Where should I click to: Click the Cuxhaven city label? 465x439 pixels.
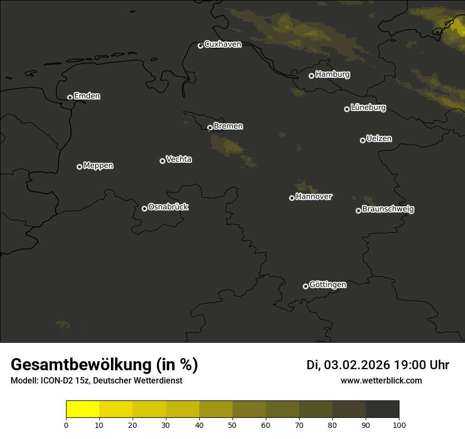222,44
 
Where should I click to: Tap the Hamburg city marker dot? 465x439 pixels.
311,76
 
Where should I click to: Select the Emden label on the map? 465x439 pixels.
87,96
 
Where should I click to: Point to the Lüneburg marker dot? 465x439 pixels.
347,109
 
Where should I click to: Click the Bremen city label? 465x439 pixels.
228,126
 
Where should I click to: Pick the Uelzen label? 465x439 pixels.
379,139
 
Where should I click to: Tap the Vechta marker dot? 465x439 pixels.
162,161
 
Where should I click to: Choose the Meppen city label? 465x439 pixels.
98,166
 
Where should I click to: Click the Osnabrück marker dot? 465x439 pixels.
144,208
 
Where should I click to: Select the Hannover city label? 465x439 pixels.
314,197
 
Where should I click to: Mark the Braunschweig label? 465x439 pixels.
388,209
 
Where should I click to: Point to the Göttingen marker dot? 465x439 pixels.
305,286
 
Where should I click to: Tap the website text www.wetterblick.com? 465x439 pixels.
382,380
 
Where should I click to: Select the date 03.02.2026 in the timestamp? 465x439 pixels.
357,365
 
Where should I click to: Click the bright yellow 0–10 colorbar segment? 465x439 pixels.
82,409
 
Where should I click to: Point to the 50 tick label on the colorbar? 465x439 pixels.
232,425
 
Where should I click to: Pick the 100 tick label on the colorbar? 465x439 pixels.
399,425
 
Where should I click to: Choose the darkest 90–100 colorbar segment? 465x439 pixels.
382,409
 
